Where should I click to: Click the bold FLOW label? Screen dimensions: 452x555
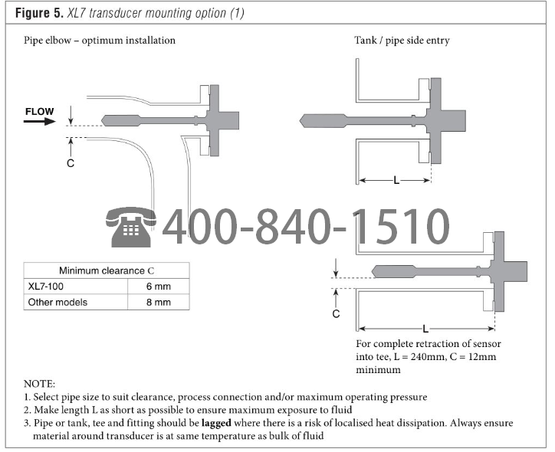pos(40,111)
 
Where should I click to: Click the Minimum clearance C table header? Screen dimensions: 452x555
pos(106,270)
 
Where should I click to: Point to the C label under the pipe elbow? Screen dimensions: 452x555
pos(70,164)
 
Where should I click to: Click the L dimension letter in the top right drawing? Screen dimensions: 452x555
pos(396,180)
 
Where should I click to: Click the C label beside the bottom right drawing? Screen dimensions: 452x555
pos(336,313)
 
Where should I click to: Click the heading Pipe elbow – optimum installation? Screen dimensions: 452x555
pos(100,40)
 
